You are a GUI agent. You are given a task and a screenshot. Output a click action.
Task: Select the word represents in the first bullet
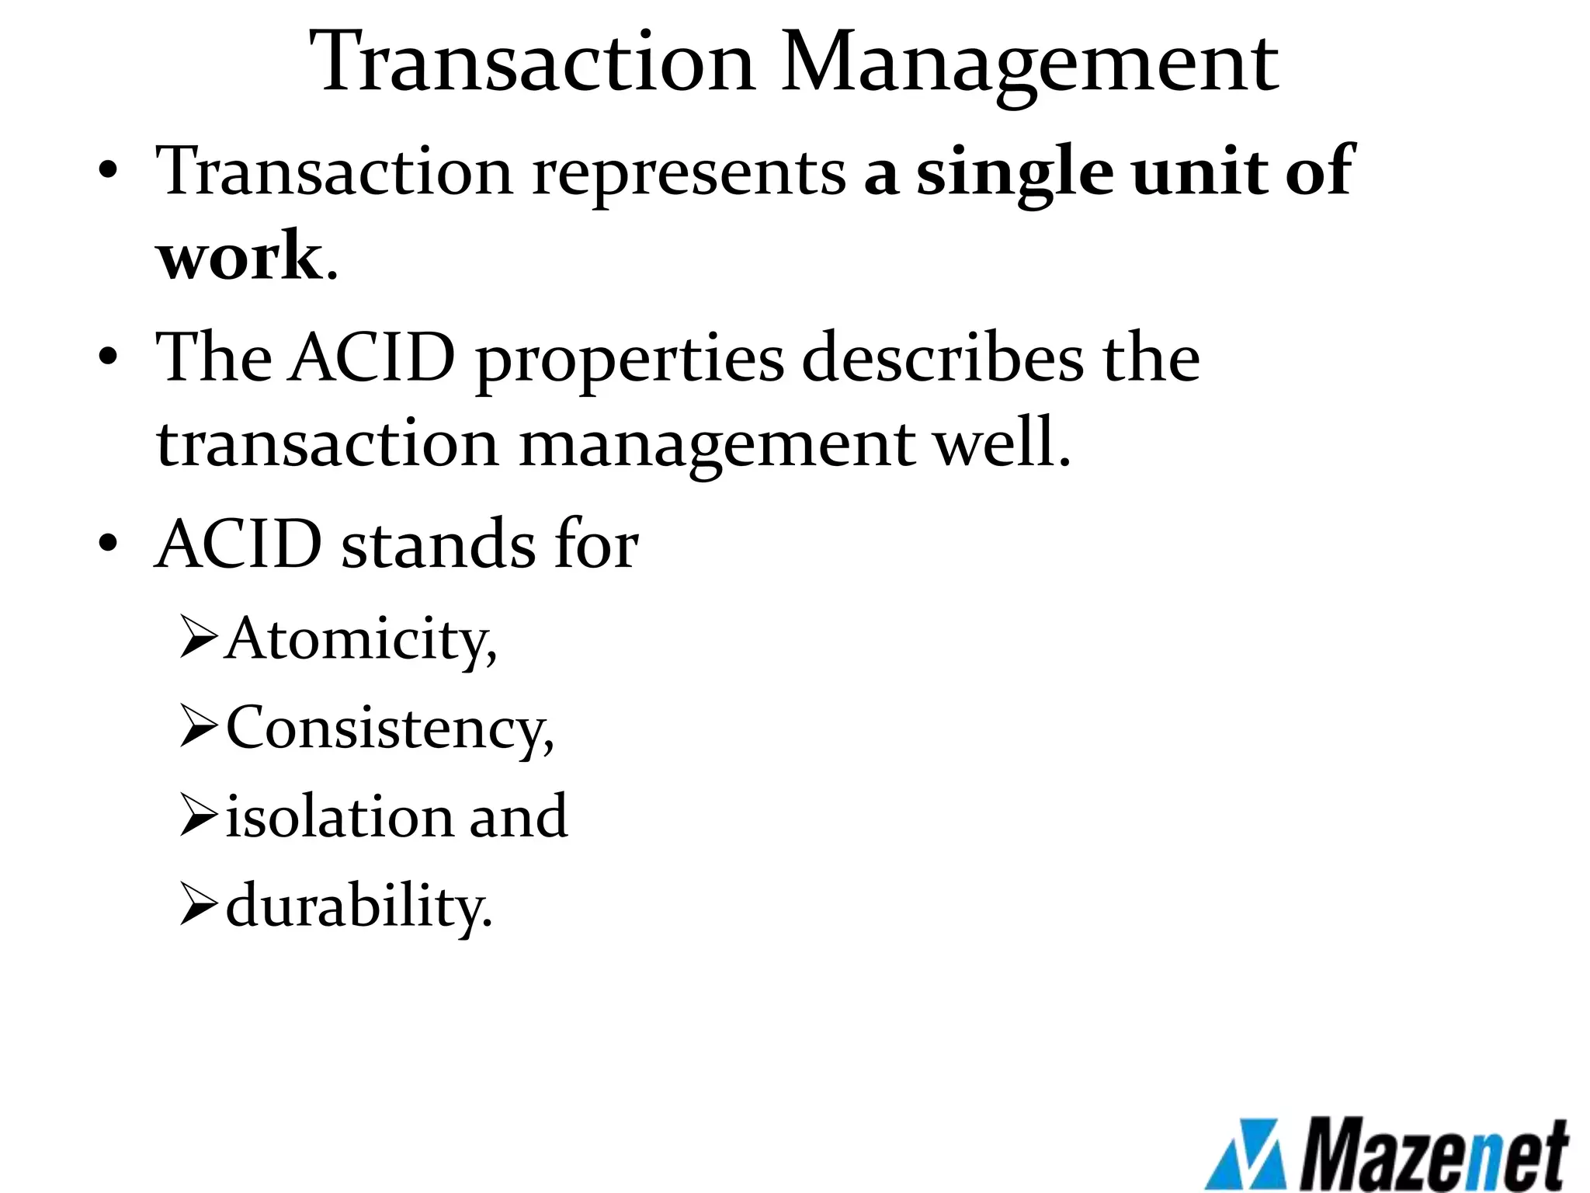[689, 172]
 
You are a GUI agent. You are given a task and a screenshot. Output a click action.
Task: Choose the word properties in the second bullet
[630, 359]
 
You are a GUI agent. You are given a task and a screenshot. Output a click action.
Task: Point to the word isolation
[338, 817]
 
